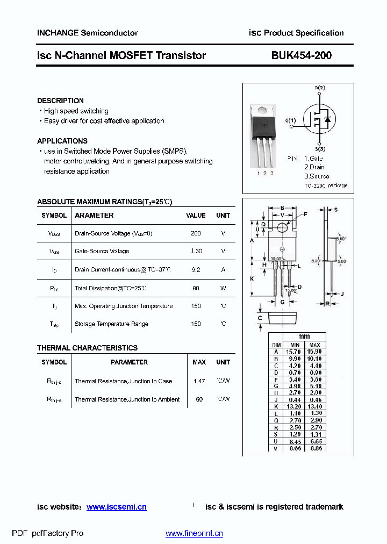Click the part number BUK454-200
coord(301,55)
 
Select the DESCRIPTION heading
coord(60,101)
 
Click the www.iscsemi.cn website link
coord(116,507)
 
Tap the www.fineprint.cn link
coord(193,533)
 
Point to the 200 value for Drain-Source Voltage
coord(196,233)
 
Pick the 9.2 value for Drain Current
coord(196,270)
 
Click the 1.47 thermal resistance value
coord(199,381)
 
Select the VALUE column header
coord(196,215)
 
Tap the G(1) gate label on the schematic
coord(290,120)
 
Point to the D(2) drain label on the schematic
coord(320,88)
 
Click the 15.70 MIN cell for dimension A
coord(295,352)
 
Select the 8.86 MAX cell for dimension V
coord(315,448)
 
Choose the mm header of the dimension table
coord(304,337)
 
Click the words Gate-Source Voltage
coord(102,252)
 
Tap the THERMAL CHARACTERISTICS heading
coord(87,348)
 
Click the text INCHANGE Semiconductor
coord(87,33)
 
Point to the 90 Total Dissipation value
coord(196,288)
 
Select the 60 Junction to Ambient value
coord(199,399)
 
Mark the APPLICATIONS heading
coord(62,141)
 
